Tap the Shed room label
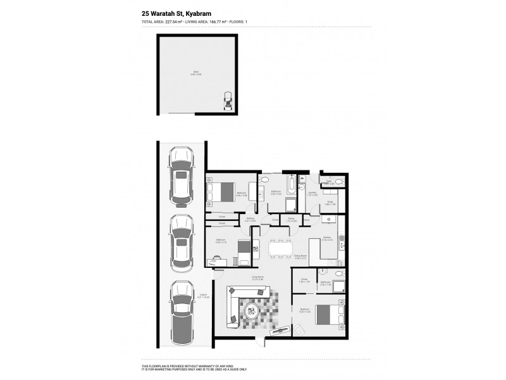[196, 73]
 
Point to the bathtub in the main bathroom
[288, 186]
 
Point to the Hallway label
[250, 219]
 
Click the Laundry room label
[312, 194]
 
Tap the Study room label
[329, 203]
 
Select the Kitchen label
[327, 239]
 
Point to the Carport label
[203, 295]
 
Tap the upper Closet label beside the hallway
[221, 216]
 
